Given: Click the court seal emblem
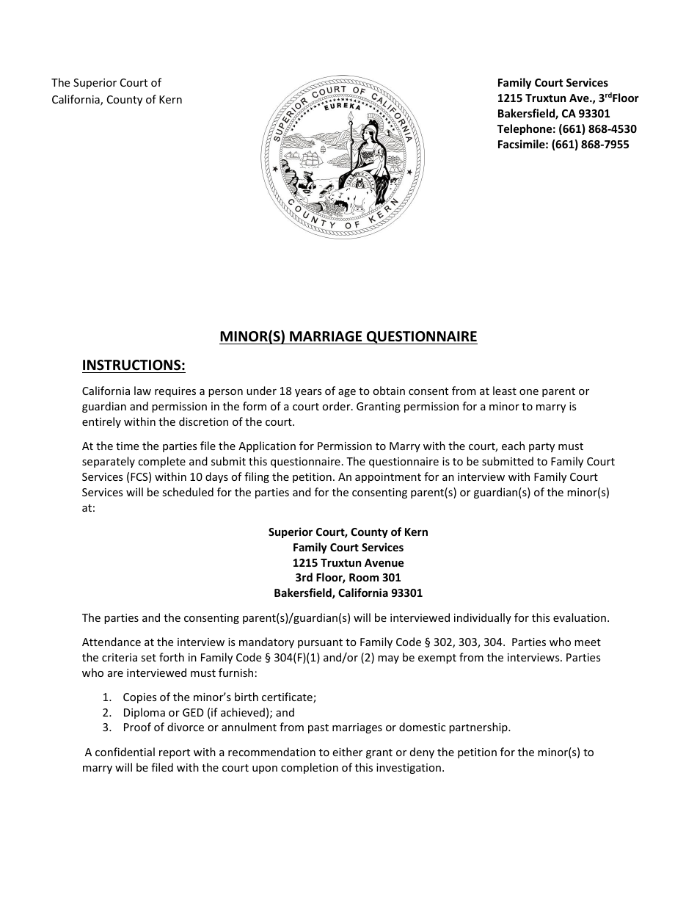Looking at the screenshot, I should (343, 157).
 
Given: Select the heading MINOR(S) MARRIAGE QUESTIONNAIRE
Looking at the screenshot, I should (348, 337).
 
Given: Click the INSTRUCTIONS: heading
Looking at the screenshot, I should (134, 365).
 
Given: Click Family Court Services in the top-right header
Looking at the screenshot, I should (552, 83).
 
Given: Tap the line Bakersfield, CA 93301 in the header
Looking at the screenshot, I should (553, 114).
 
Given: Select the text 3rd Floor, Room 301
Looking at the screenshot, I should (348, 578).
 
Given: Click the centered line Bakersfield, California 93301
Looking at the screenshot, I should (348, 593).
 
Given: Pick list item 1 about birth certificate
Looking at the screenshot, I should (219, 697).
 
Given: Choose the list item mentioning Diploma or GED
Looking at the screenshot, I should (208, 712).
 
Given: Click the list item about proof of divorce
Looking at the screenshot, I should (316, 728).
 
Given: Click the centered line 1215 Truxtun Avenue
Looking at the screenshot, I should (348, 563).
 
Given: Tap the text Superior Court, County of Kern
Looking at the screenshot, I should (348, 532).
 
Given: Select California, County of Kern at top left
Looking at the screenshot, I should (117, 100).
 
